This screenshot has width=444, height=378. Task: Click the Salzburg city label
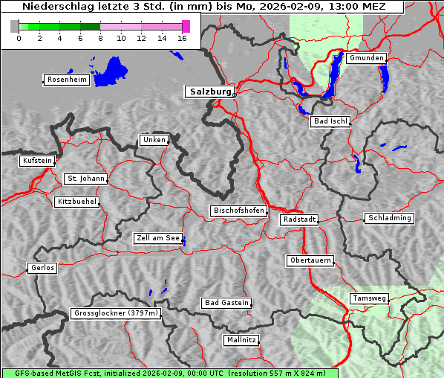pyautogui.click(x=209, y=92)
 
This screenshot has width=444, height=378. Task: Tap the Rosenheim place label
pyautogui.click(x=66, y=80)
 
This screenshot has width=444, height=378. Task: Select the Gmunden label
pyautogui.click(x=366, y=58)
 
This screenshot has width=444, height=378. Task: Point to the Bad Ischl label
pyautogui.click(x=330, y=121)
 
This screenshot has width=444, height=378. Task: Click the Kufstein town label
pyautogui.click(x=37, y=161)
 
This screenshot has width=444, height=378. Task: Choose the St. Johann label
pyautogui.click(x=85, y=179)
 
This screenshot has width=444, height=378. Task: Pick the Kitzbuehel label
pyautogui.click(x=76, y=202)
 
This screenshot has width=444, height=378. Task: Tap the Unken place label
pyautogui.click(x=154, y=140)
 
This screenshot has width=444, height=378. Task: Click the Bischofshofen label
pyautogui.click(x=238, y=211)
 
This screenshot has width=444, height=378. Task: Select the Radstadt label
pyautogui.click(x=299, y=220)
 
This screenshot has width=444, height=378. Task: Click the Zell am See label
pyautogui.click(x=158, y=238)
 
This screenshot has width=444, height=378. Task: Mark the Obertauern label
pyautogui.click(x=310, y=260)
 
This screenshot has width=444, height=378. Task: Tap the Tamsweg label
pyautogui.click(x=369, y=298)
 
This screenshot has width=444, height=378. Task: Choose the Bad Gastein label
pyautogui.click(x=226, y=303)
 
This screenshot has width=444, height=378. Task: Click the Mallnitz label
pyautogui.click(x=241, y=340)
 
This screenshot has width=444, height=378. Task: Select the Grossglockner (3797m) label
pyautogui.click(x=116, y=313)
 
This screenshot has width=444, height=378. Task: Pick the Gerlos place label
pyautogui.click(x=42, y=268)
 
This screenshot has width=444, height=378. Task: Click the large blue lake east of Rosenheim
pyautogui.click(x=111, y=71)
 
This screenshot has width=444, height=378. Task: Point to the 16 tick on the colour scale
pyautogui.click(x=182, y=37)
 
